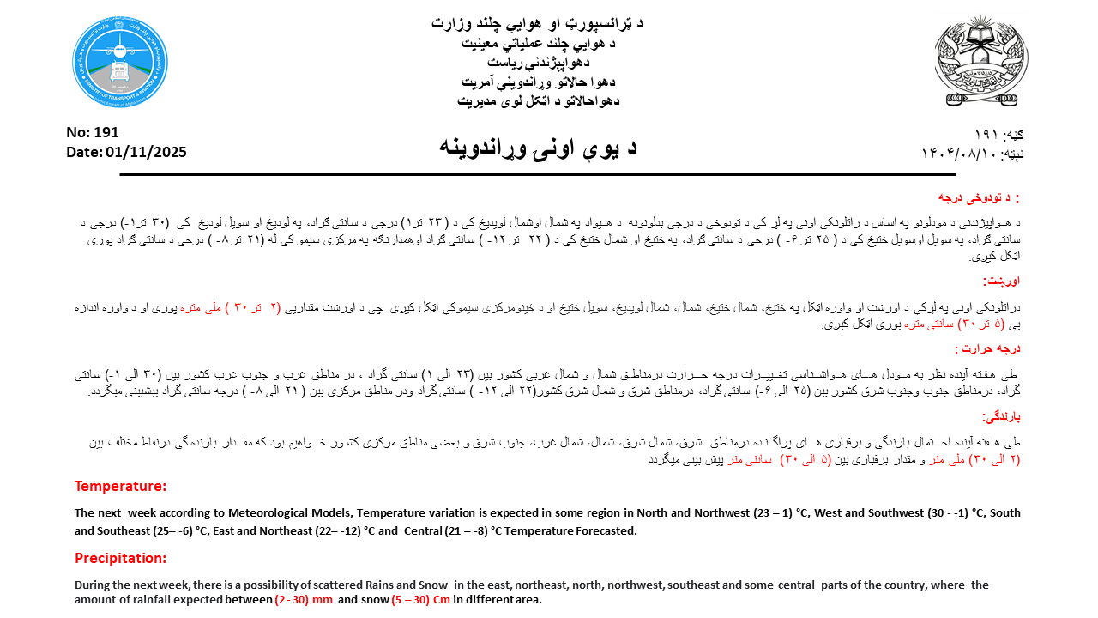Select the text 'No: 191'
(x=93, y=132)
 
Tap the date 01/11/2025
(x=146, y=152)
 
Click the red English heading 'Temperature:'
(x=120, y=486)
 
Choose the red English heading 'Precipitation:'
(x=124, y=558)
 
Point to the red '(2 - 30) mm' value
(x=304, y=599)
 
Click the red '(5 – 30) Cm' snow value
(x=420, y=599)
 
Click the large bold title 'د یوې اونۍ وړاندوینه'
(x=538, y=146)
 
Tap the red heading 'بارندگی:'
(x=1000, y=416)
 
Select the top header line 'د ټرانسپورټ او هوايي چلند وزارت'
(x=537, y=23)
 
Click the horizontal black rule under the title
(x=537, y=175)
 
